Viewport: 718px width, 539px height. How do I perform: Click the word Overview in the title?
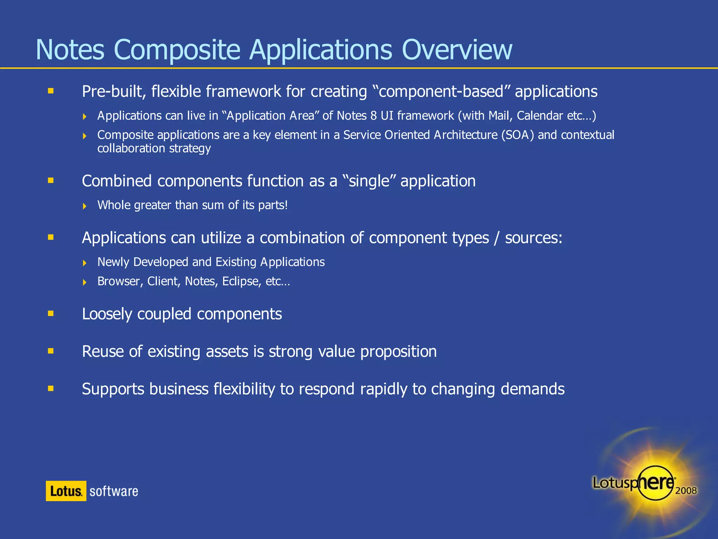pos(456,50)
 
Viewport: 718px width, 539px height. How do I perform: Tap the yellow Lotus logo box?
pos(66,491)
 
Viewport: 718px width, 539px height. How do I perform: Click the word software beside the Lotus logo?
pos(114,491)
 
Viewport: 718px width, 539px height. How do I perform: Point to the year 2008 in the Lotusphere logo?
pos(686,490)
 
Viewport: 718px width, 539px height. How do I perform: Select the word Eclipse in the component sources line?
pos(242,281)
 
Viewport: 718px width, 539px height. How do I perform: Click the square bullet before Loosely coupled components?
pos(51,313)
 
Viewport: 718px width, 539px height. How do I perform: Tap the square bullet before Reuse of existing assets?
pos(51,351)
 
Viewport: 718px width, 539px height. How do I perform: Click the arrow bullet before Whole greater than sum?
pos(84,206)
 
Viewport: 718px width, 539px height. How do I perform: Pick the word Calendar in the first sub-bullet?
pos(540,116)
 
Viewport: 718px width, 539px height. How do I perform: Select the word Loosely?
pos(107,314)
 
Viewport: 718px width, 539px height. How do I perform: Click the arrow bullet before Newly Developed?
pos(84,263)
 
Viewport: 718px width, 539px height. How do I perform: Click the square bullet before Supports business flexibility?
pos(51,388)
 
